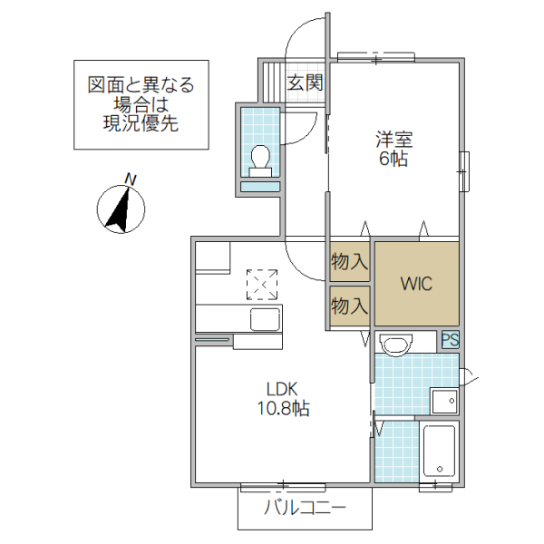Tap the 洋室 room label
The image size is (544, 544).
point(393,140)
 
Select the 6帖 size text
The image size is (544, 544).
point(393,160)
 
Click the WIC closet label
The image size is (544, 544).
point(417,284)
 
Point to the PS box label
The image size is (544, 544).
point(450,341)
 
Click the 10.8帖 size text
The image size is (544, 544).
point(281,409)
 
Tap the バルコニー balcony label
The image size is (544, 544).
point(305,508)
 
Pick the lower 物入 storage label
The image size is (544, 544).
point(349,304)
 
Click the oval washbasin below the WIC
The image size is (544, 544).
point(395,343)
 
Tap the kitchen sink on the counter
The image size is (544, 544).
point(264,319)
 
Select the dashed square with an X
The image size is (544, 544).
point(263,284)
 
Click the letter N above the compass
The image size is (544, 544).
point(131,180)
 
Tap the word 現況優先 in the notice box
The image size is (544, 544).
point(141,125)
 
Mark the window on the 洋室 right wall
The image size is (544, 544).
point(464,170)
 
